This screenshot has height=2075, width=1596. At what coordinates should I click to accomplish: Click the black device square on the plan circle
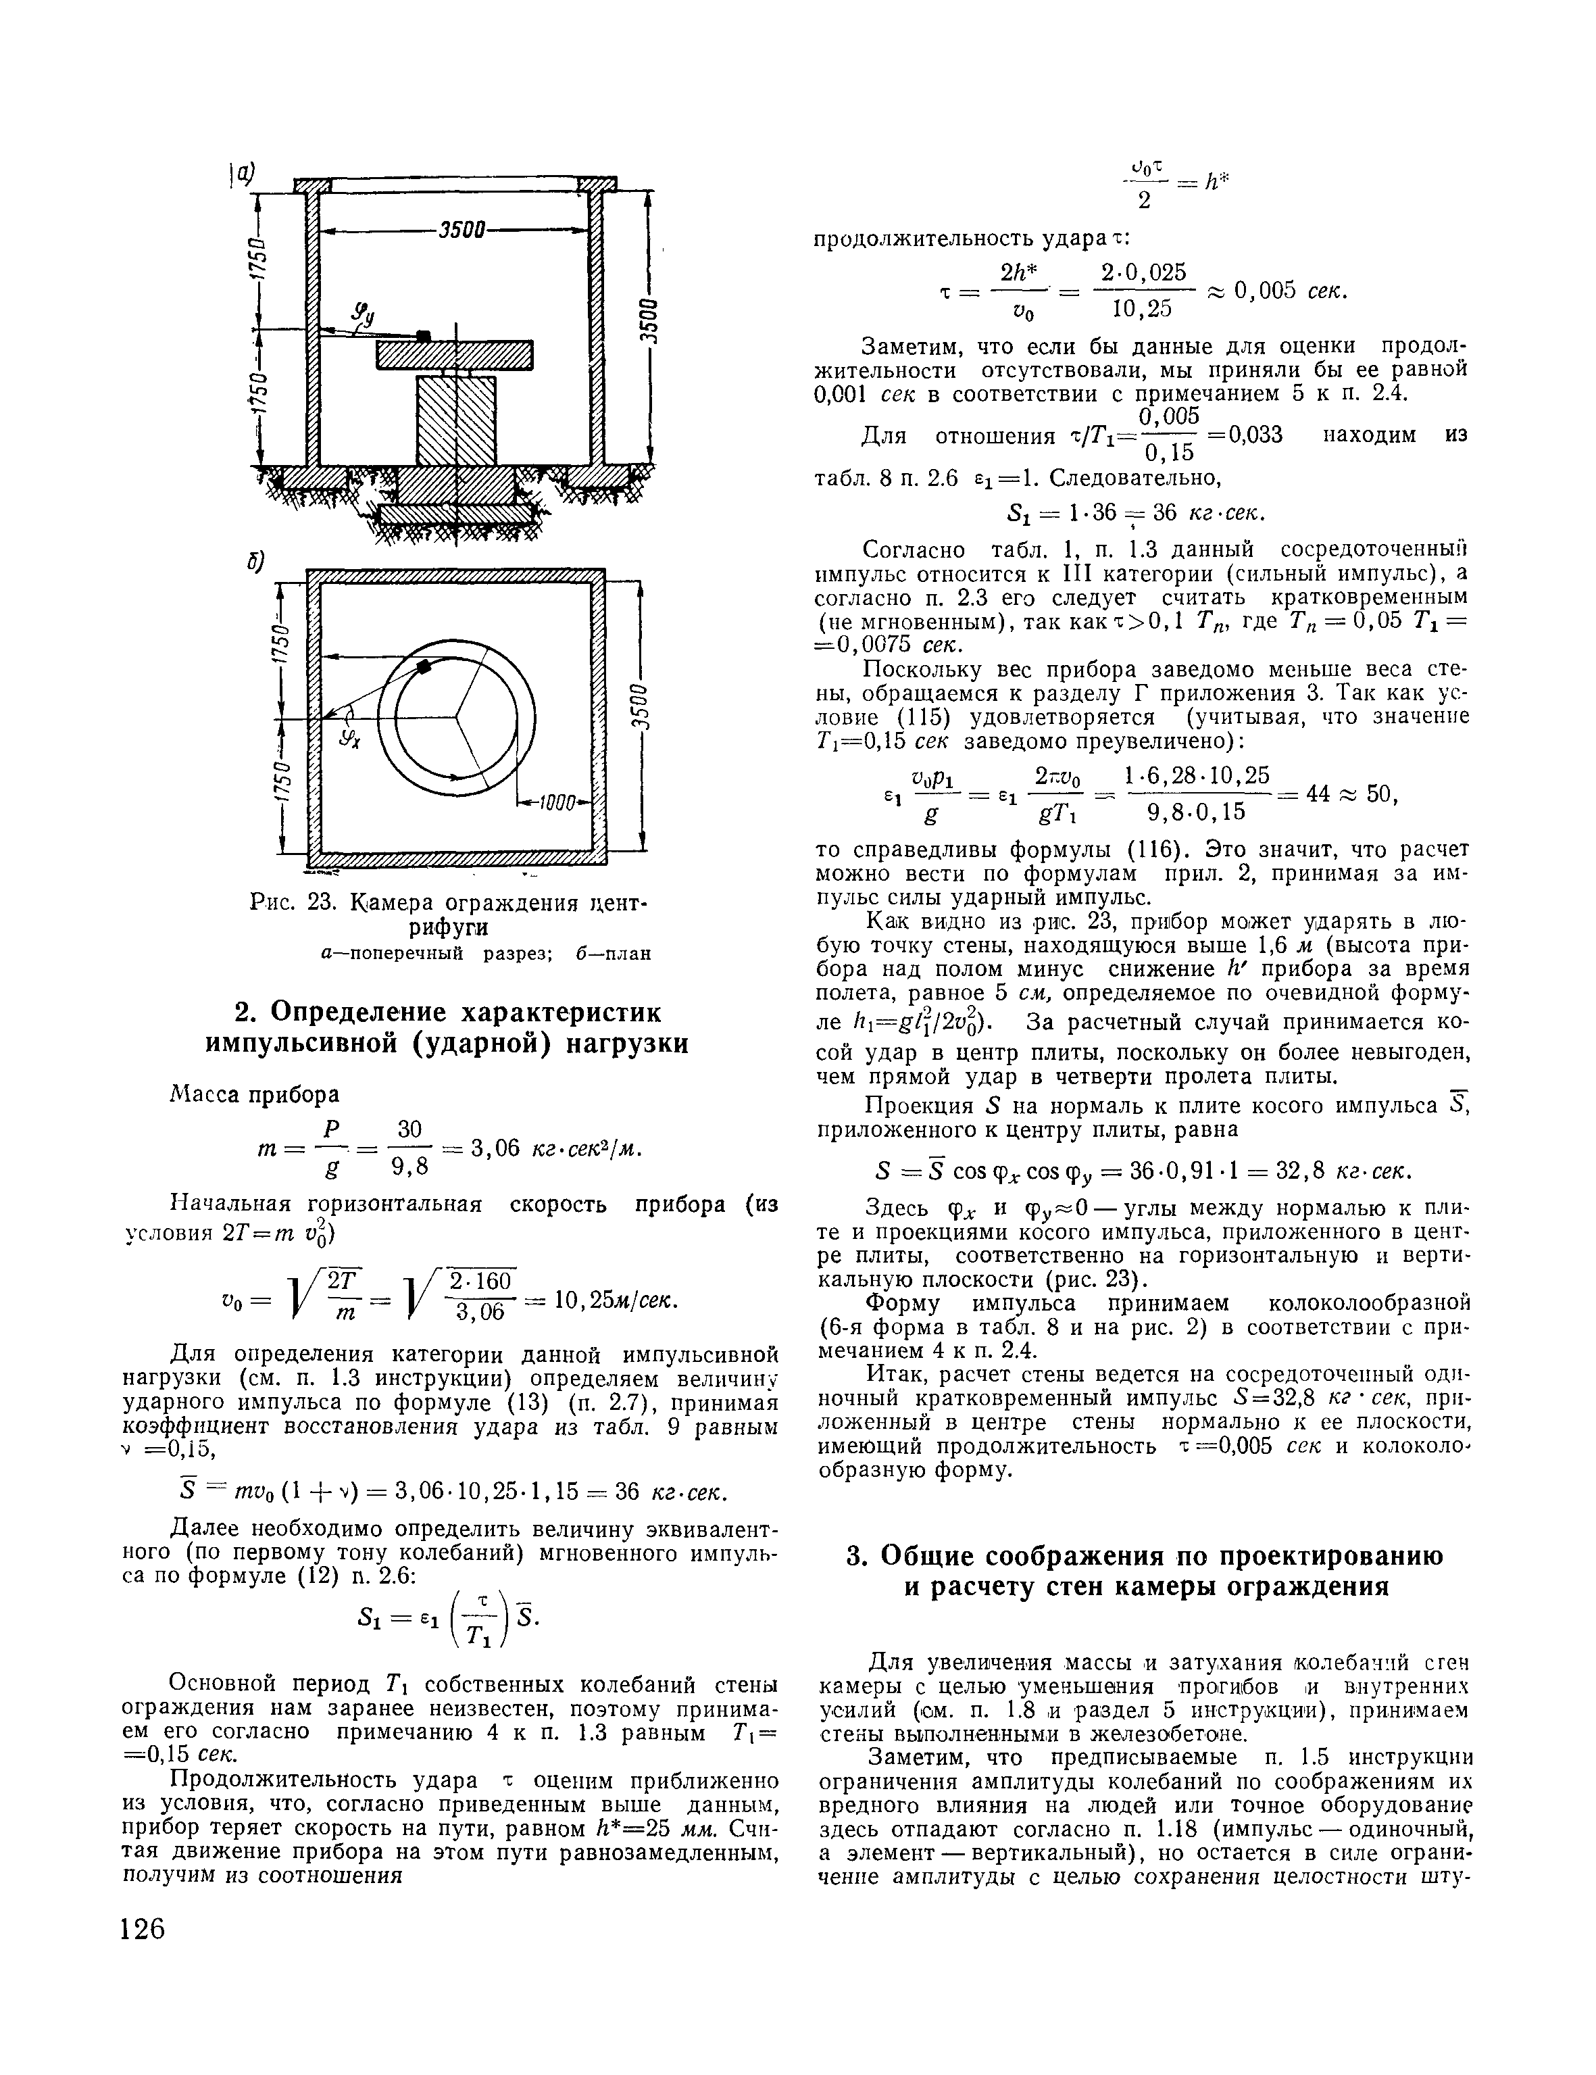point(424,668)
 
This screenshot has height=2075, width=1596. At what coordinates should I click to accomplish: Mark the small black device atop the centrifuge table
point(424,335)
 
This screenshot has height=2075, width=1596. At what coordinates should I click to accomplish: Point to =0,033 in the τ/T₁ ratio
point(1242,435)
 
